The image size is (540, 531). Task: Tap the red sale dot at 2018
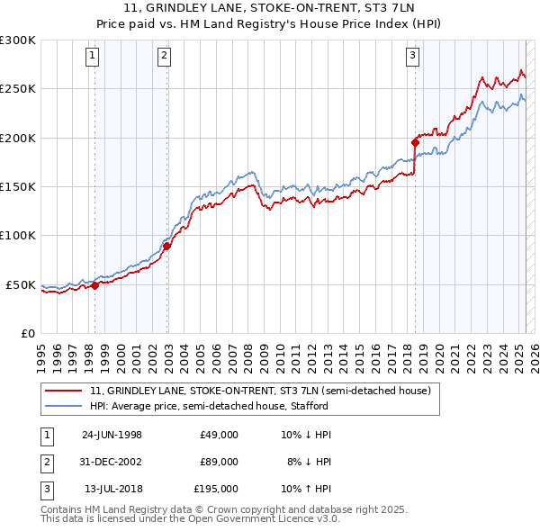[x=416, y=141]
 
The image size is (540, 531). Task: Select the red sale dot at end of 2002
[x=167, y=245]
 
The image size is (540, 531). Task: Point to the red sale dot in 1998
[x=95, y=285]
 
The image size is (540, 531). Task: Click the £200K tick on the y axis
[x=17, y=139]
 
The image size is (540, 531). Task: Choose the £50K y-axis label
[x=20, y=285]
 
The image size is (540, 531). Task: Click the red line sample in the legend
[x=65, y=391]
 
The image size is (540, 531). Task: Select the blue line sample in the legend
[x=65, y=406]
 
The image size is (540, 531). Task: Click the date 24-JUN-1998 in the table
[x=112, y=435]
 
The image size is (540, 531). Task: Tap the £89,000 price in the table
[x=219, y=462]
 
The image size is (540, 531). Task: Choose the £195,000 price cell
[x=216, y=489]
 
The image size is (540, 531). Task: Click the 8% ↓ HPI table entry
[x=308, y=462]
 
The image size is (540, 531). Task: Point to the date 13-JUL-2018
[x=112, y=489]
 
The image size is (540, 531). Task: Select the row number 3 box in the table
[x=46, y=489]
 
